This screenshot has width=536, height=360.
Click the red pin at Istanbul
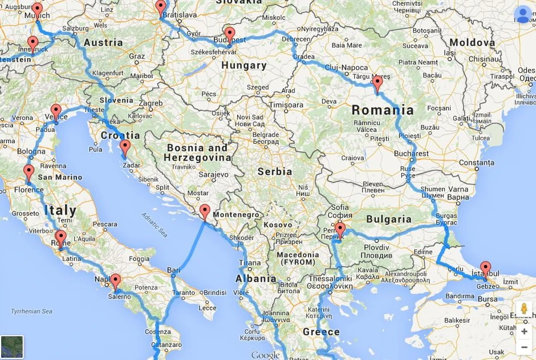pos(485,268)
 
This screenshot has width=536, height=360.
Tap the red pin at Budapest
pos(229,34)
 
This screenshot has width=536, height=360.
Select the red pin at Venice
pos(55,111)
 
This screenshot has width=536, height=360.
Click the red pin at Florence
pos(29,171)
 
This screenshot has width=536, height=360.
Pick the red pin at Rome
pos(60,237)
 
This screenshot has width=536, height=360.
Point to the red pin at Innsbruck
pos(33,43)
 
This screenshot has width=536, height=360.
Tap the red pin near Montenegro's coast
pos(205,211)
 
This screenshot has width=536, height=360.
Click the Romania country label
pos(383,110)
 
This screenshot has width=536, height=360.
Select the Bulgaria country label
pos(389,219)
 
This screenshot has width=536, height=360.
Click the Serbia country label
pos(275,171)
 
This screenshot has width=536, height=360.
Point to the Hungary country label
pos(243,66)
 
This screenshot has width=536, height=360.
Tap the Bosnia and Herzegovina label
pos(198,152)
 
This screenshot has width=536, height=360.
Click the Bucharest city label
pos(411,153)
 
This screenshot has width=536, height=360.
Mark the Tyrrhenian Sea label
pos(31,312)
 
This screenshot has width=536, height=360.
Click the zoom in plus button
pos(524,331)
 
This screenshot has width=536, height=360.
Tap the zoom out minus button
pos(524,347)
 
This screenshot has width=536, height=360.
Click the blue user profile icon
pos(522,15)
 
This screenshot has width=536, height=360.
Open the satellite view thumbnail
pos(12,347)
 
